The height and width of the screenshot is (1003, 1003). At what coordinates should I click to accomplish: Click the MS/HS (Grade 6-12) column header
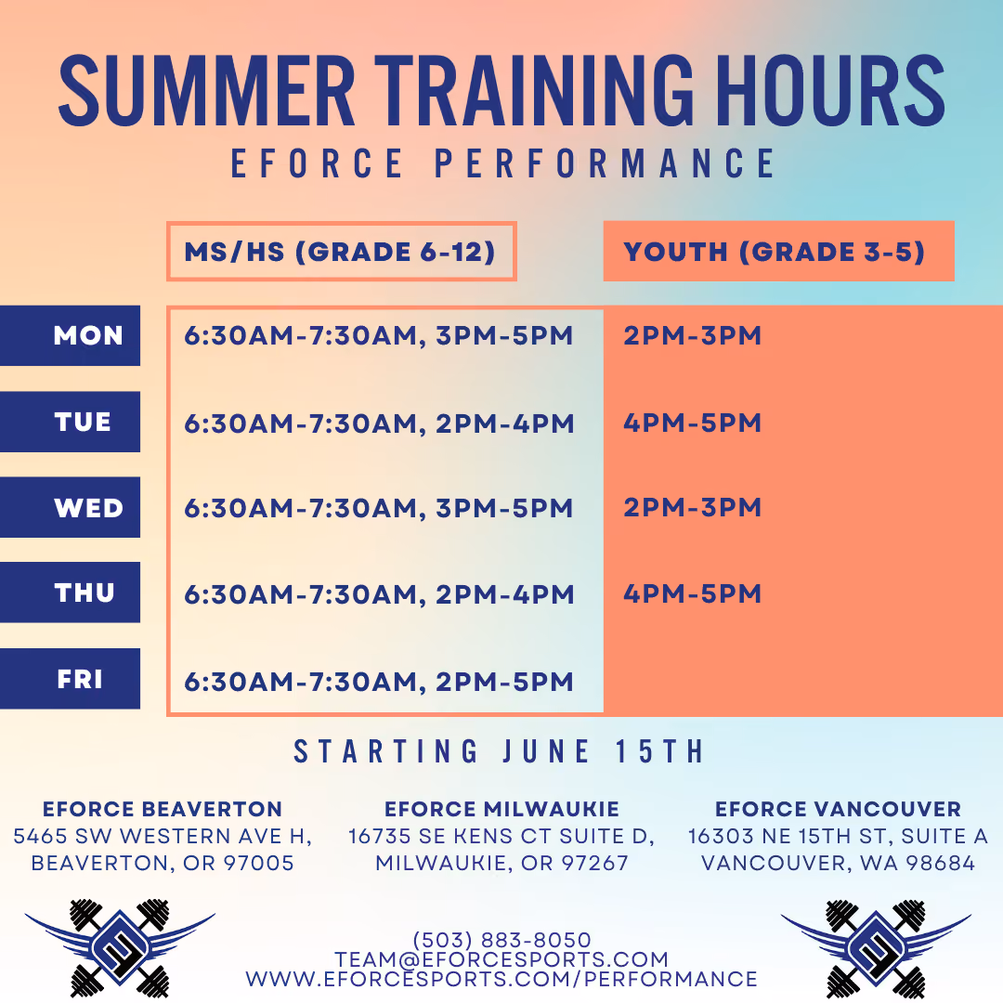(342, 252)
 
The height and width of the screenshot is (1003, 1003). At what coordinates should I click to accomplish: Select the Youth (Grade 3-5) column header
(778, 252)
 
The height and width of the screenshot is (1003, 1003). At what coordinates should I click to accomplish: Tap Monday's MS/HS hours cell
(379, 336)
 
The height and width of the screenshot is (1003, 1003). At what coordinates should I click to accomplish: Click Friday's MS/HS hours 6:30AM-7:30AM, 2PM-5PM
(379, 682)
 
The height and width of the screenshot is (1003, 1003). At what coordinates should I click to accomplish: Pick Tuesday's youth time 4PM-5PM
(693, 423)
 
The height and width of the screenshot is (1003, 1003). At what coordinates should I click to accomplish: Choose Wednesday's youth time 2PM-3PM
(693, 507)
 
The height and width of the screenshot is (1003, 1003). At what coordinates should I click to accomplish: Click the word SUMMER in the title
(206, 90)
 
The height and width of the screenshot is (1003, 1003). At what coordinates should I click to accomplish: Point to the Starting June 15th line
(499, 751)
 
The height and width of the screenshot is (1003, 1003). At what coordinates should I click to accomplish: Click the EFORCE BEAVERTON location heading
(163, 809)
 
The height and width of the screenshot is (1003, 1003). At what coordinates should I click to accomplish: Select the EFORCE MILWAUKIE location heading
(501, 809)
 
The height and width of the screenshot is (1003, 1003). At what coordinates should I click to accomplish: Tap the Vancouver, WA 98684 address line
(838, 863)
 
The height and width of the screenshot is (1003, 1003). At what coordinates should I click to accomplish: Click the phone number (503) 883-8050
(502, 940)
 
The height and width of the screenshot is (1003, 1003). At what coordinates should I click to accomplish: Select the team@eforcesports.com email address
(501, 959)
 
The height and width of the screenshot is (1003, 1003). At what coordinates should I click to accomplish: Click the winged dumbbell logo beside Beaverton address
(120, 948)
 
